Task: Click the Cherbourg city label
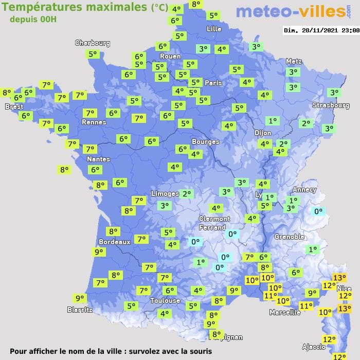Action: pos(93,43)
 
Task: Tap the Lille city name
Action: pos(213,29)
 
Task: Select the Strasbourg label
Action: pos(331,105)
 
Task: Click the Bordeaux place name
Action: pos(114,242)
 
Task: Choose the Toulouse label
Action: pos(165,300)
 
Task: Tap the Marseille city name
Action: pos(284,312)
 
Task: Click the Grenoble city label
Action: pos(290,237)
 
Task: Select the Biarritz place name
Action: pos(80,310)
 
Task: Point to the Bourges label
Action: pos(205,141)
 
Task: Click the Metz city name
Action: pos(294,61)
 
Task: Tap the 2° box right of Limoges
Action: pos(186,194)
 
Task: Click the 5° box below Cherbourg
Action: pos(93,53)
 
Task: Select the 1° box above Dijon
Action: pos(272,121)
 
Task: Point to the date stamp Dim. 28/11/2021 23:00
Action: pos(321,30)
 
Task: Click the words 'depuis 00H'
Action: pos(33,19)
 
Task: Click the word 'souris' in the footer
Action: pos(198,351)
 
